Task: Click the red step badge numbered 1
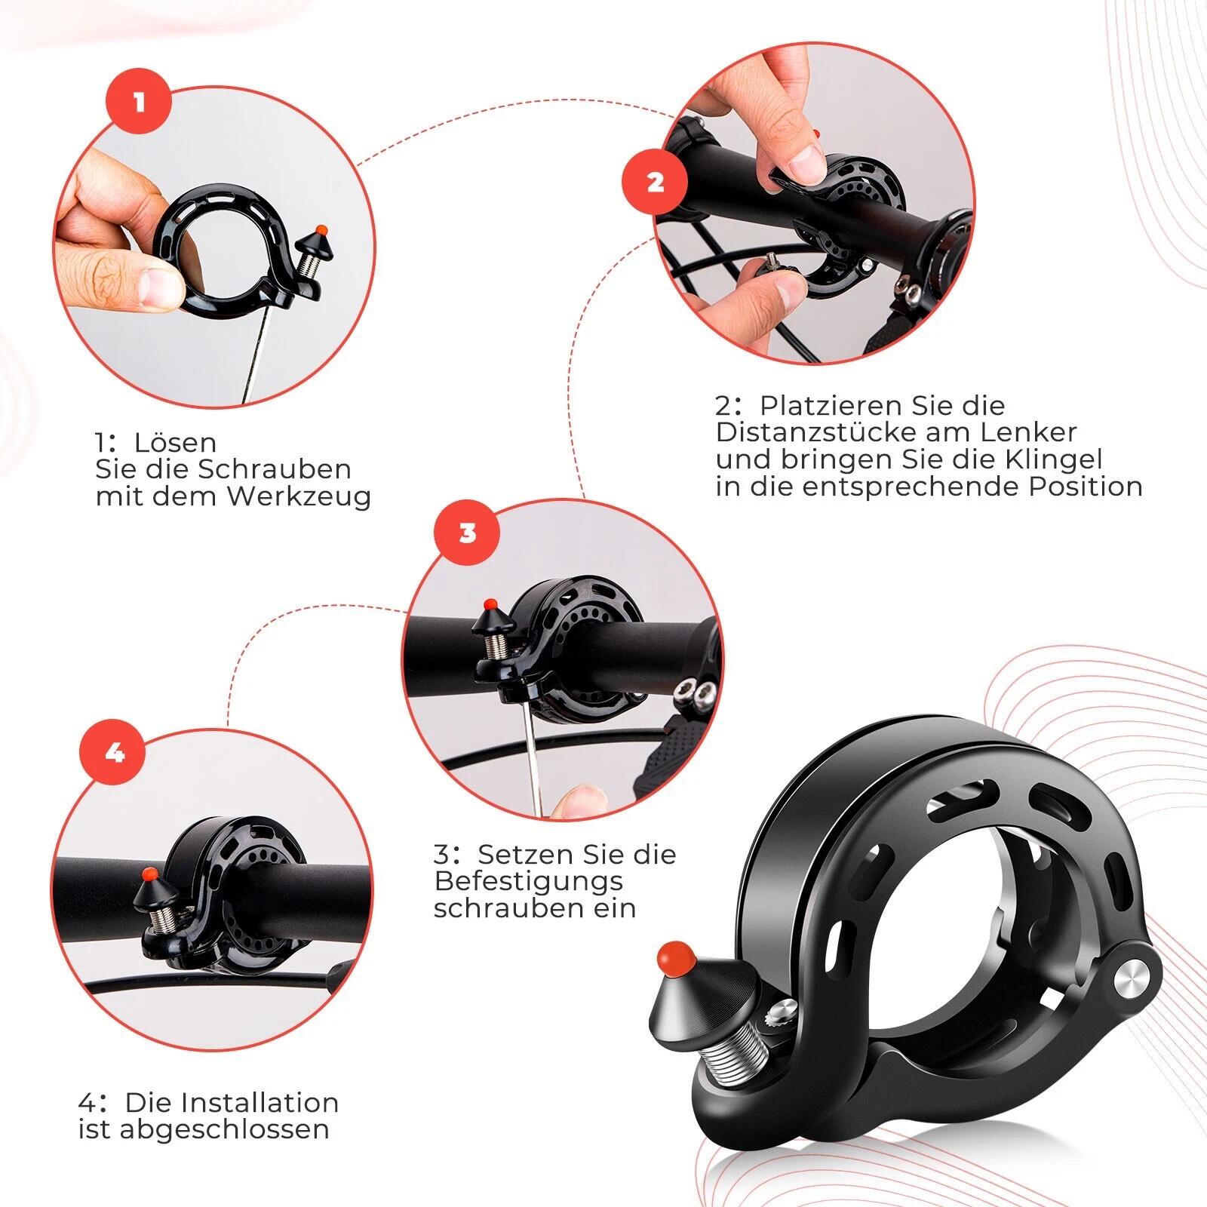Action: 140,103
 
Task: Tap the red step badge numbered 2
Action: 655,182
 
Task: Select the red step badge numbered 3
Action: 468,533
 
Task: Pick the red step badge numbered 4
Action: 115,752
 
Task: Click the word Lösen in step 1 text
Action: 176,442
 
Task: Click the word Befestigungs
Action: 529,882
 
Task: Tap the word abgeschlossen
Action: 224,1130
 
